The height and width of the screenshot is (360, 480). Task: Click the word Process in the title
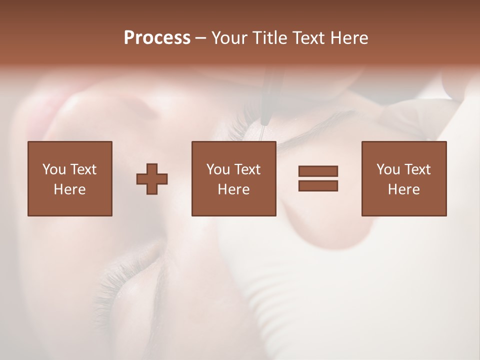(x=157, y=38)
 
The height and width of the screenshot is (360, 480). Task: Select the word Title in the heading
(x=269, y=38)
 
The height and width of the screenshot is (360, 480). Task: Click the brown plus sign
(x=152, y=179)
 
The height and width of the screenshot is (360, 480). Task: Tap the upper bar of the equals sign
(x=318, y=171)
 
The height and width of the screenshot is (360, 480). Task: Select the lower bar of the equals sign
(x=318, y=185)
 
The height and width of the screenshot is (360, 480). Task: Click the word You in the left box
(x=53, y=169)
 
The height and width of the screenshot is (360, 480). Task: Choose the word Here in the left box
(x=69, y=189)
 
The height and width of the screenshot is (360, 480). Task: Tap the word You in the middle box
(x=218, y=169)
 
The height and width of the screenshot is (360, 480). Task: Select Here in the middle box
(x=233, y=189)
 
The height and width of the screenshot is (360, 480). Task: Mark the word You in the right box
(x=388, y=169)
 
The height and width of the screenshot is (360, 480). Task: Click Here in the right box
(x=403, y=189)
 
